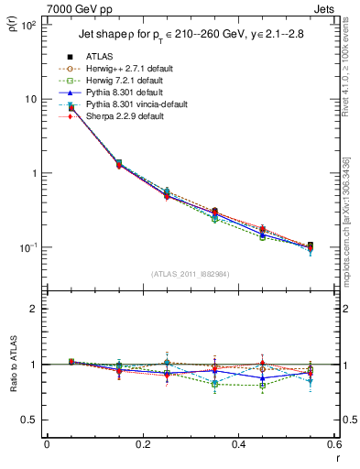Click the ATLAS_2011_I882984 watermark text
click(189, 274)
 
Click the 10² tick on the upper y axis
click(27, 26)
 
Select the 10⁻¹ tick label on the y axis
click(27, 248)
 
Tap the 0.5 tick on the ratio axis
click(28, 420)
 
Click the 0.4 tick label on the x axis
click(237, 443)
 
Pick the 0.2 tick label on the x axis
click(142, 443)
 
